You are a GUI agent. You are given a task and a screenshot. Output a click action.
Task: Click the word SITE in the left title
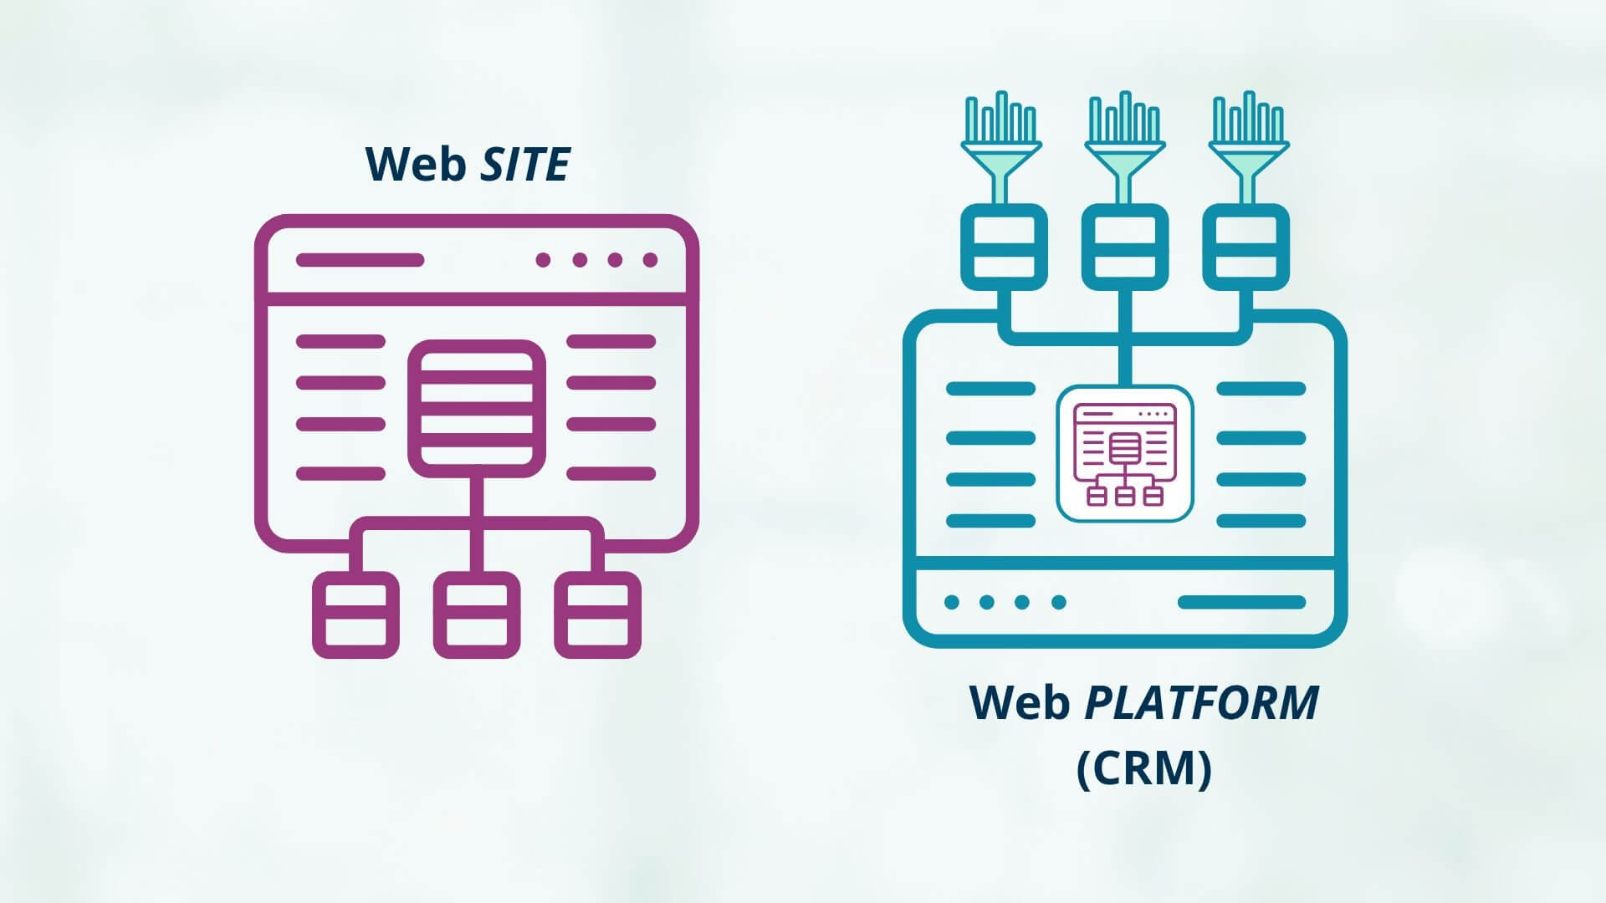tap(525, 165)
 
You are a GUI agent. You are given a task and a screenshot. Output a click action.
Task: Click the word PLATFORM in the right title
tap(1201, 703)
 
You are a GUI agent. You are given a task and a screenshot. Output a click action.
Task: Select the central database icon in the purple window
tap(476, 408)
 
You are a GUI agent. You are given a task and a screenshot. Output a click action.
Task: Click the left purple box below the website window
tap(355, 615)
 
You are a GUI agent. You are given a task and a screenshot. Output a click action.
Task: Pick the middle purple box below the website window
tap(476, 615)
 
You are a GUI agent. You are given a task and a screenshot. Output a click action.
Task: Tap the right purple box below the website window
tap(597, 615)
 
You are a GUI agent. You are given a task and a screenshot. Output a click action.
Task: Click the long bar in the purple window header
tap(360, 260)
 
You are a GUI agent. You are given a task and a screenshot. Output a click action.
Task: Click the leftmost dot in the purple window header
tap(543, 260)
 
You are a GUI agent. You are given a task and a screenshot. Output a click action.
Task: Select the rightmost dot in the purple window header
tap(650, 260)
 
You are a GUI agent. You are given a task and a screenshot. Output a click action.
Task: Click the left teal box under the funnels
tap(1004, 247)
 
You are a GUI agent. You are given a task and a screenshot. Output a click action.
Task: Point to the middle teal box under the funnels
tap(1125, 247)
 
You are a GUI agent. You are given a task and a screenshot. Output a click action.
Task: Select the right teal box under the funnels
tap(1245, 247)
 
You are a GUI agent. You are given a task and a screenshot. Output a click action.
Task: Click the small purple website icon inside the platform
tap(1125, 454)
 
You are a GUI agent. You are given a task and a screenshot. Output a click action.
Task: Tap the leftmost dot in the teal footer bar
tap(951, 602)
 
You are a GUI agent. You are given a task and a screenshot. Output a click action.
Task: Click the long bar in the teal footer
tap(1241, 602)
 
